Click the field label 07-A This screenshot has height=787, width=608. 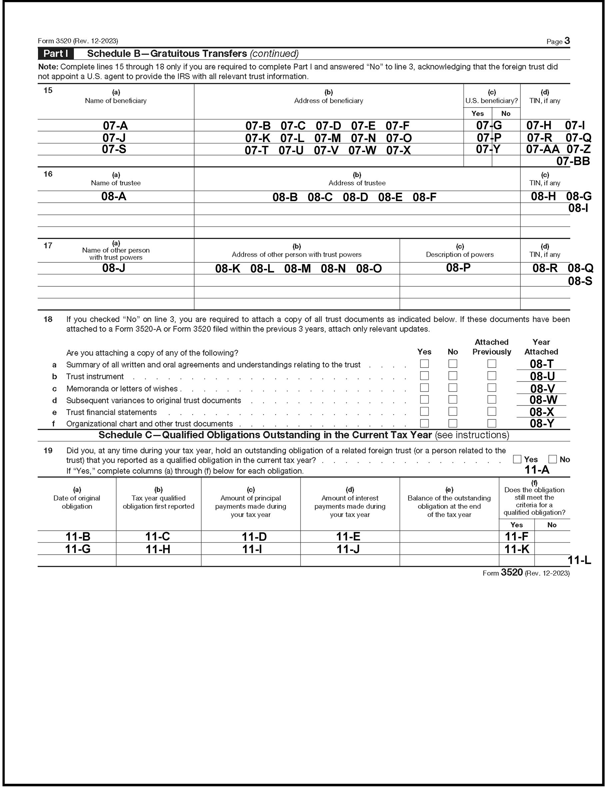coord(115,126)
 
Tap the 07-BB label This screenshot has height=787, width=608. coord(573,161)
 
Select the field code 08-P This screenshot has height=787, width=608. coord(458,267)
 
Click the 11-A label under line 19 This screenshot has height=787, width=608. coord(537,470)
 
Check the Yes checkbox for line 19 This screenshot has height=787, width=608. coord(517,459)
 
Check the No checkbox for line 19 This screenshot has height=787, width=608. coord(552,459)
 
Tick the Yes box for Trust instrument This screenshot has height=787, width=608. coord(424,376)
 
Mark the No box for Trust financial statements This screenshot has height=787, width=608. coord(452,411)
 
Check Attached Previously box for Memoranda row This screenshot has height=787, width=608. coord(491,388)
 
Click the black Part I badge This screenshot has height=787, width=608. coord(56,54)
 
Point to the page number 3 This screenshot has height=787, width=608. coord(567,41)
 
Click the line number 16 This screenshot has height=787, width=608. coord(48,174)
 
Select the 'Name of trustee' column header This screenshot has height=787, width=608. coord(116,183)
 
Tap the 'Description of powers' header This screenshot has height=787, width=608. coord(460,254)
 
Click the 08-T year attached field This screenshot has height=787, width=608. coord(541,364)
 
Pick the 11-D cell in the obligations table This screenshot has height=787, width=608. coord(254,537)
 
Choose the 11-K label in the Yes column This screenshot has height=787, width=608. coord(516,549)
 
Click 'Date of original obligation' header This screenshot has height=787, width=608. coord(77,502)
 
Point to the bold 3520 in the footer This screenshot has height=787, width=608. coord(512,573)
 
